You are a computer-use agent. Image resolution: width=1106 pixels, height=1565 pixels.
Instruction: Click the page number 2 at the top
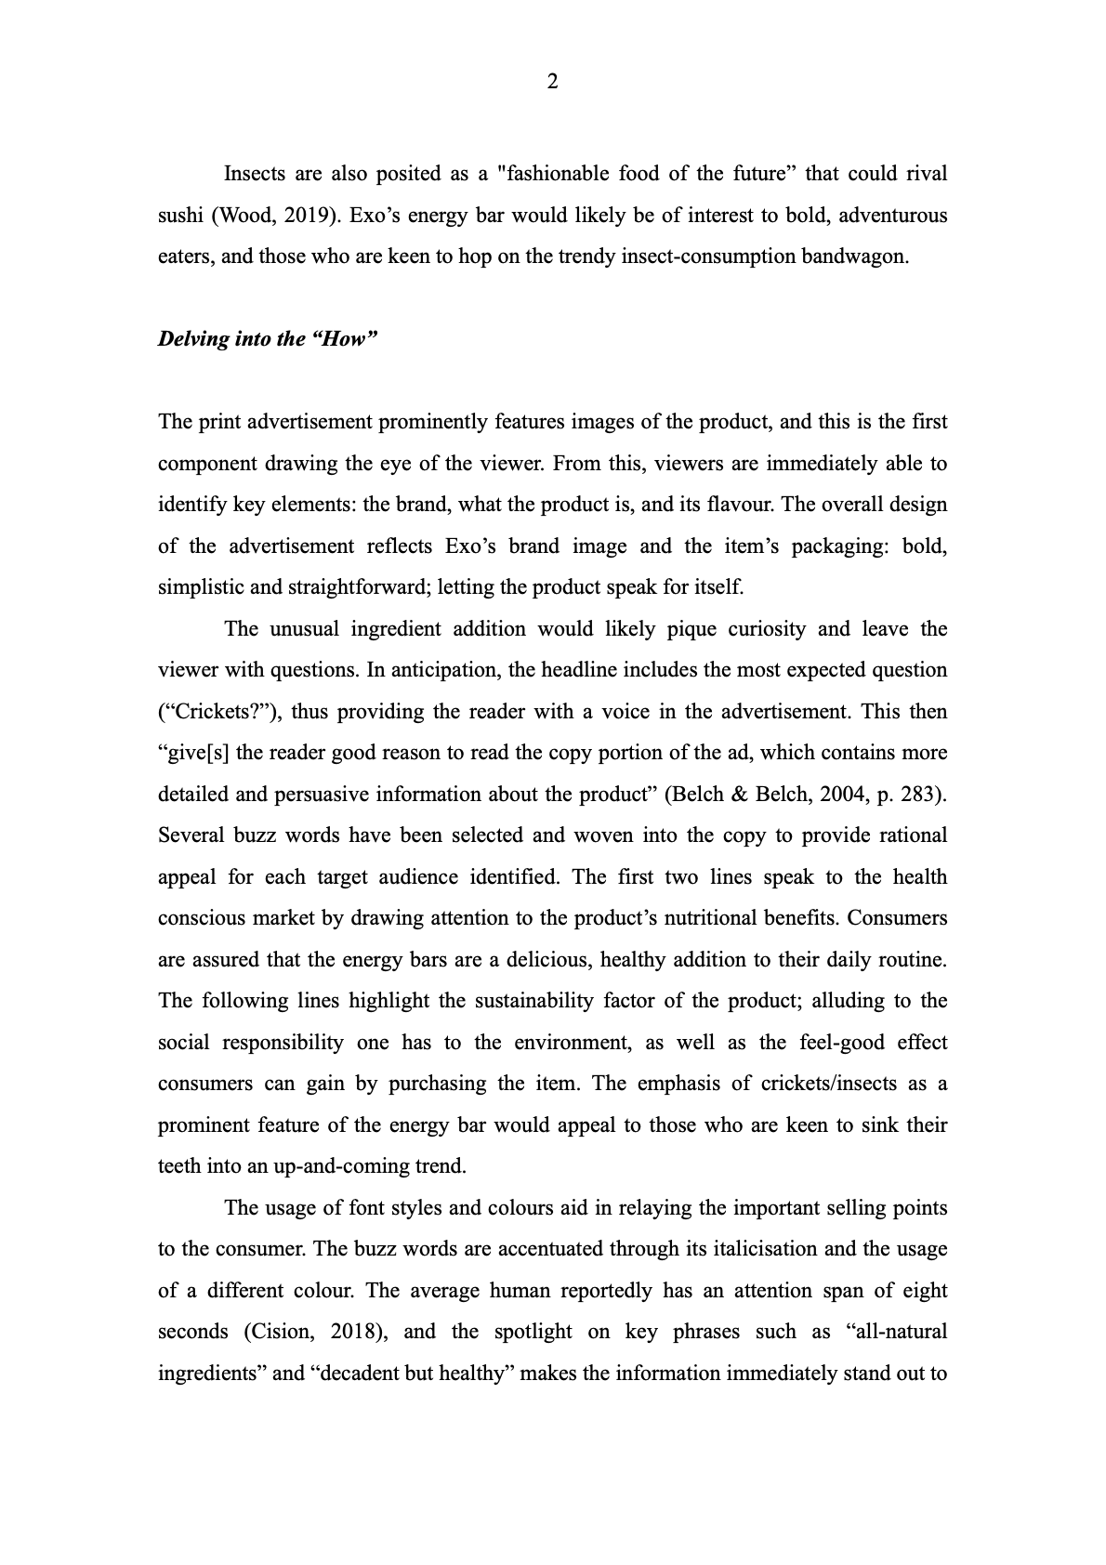tap(553, 83)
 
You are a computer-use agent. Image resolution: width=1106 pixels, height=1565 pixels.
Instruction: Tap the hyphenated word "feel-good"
tap(834, 1042)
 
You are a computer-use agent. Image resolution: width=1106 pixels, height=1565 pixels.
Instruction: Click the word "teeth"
tap(180, 1165)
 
